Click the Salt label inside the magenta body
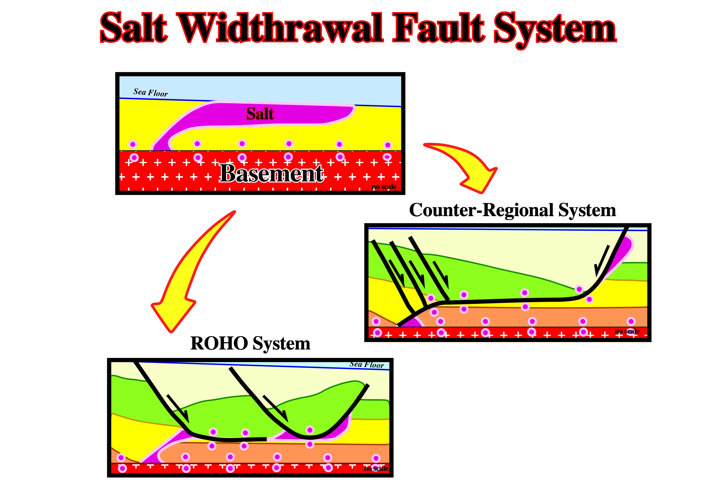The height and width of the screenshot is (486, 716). [260, 114]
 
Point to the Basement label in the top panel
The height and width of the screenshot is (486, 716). [271, 174]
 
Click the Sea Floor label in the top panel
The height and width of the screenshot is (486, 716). [150, 92]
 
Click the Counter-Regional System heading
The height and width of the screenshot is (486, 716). [512, 210]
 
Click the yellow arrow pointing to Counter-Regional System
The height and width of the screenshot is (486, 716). [465, 166]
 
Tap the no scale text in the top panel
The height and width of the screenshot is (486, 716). [384, 187]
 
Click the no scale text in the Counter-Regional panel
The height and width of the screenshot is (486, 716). [627, 331]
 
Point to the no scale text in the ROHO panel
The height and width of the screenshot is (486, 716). [376, 469]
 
